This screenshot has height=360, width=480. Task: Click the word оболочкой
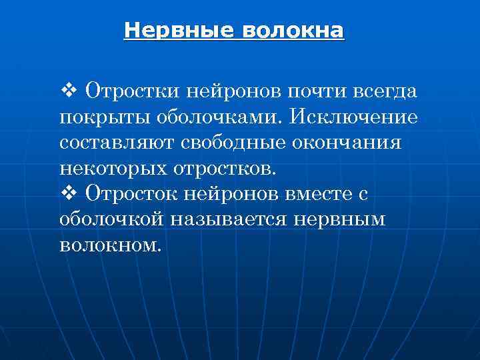(x=113, y=219)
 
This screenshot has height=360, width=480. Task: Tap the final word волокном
(x=110, y=245)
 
